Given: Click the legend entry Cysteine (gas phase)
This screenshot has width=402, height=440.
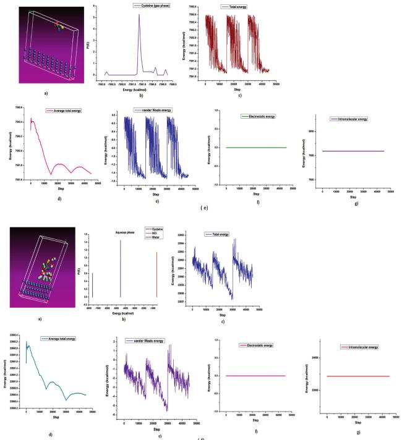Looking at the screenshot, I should pos(133,6).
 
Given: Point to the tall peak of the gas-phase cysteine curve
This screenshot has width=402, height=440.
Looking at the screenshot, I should pos(139,15).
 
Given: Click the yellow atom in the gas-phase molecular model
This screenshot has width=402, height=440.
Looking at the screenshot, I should pos(62,27).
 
